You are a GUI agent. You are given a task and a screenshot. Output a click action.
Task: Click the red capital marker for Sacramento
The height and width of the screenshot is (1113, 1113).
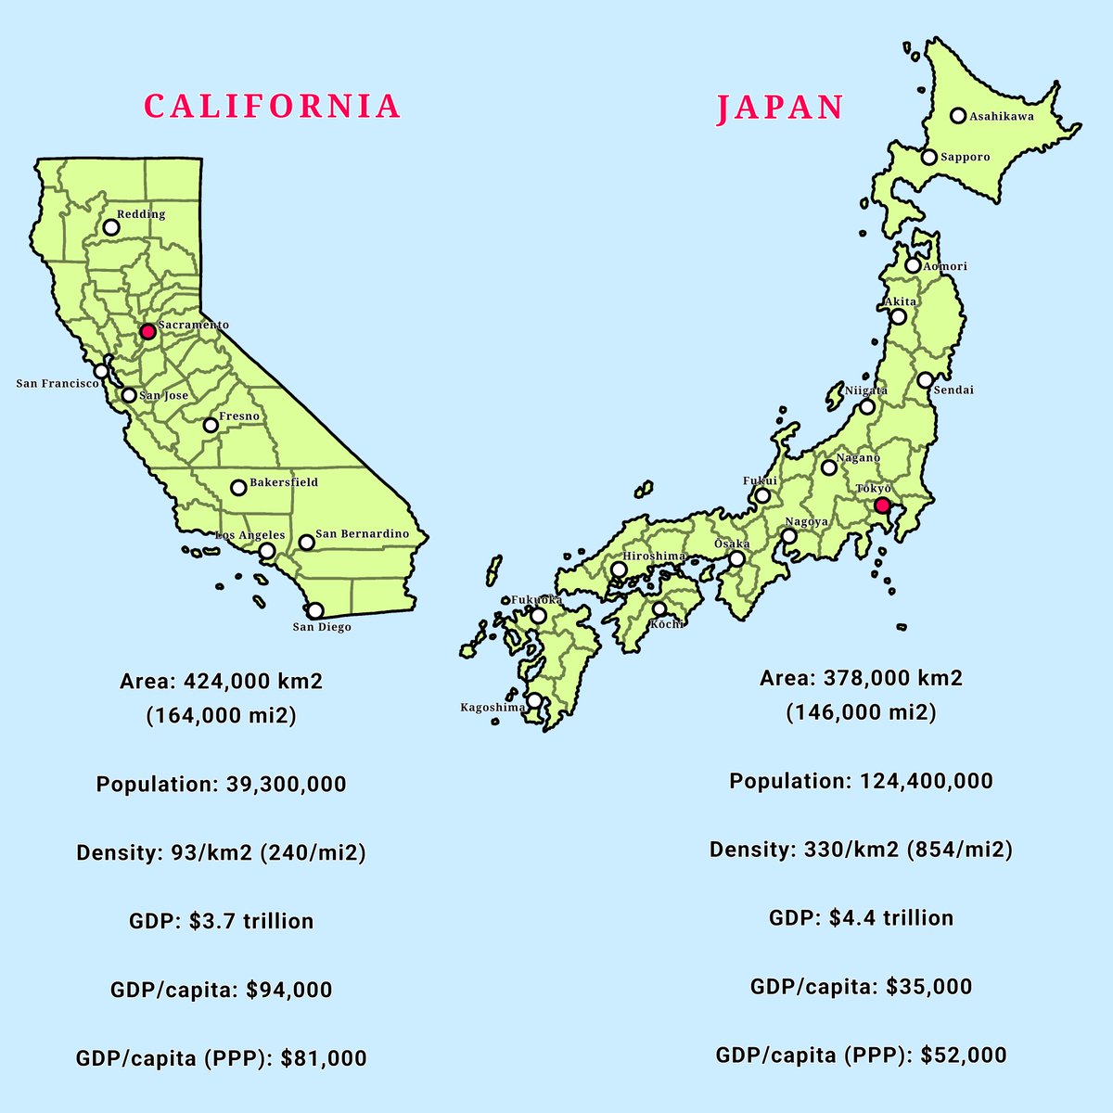click(147, 331)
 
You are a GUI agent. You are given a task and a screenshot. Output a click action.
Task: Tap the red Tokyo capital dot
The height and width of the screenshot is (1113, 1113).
click(883, 505)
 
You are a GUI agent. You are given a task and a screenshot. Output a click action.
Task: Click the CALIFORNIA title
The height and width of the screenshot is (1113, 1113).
click(273, 106)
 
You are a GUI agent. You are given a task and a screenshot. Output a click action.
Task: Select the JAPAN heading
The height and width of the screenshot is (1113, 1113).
click(780, 109)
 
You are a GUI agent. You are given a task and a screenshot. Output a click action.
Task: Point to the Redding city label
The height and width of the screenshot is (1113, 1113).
click(141, 214)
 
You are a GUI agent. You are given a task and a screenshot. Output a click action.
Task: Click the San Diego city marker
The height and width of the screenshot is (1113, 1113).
click(315, 610)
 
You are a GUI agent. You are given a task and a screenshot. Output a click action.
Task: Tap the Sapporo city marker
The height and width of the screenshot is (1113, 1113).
click(928, 158)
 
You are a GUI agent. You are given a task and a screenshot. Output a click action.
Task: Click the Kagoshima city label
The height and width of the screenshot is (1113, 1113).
click(493, 708)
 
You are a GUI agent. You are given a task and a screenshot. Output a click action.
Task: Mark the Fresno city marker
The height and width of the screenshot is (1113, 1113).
click(211, 425)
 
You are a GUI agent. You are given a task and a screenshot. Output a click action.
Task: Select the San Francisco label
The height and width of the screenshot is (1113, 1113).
click(58, 383)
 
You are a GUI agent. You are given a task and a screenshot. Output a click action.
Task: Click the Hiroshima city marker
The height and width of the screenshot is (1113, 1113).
click(619, 569)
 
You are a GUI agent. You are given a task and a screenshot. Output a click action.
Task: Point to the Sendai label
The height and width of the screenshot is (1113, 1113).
click(953, 390)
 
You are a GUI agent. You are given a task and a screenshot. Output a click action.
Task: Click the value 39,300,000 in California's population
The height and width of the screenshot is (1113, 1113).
click(286, 785)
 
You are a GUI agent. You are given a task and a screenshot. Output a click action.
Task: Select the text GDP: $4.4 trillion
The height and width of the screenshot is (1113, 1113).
click(861, 918)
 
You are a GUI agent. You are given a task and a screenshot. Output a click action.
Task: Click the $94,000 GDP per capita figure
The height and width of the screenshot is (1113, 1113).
click(289, 990)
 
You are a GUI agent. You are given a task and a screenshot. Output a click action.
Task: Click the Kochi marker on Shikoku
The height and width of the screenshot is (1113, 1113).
click(659, 609)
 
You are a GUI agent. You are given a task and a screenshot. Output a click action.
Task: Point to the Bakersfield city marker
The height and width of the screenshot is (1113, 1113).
click(238, 487)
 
